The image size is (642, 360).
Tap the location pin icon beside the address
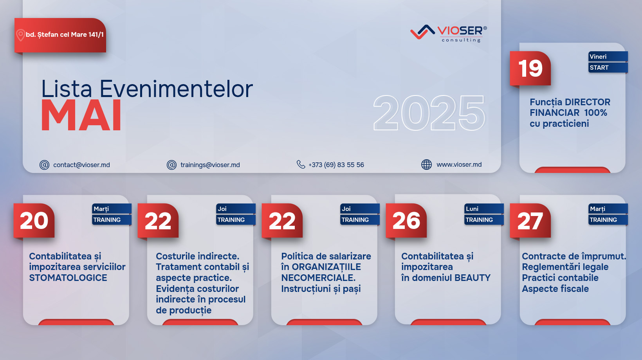pyautogui.click(x=20, y=35)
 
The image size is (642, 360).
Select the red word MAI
pyautogui.click(x=81, y=116)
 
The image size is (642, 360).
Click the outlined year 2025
pyautogui.click(x=429, y=113)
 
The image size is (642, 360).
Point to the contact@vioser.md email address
pyautogui.click(x=82, y=165)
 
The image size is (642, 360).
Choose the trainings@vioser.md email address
pyautogui.click(x=210, y=165)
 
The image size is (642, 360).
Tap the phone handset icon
pyautogui.click(x=301, y=164)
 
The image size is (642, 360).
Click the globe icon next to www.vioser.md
pyautogui.click(x=426, y=165)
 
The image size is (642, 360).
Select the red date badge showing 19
pyautogui.click(x=530, y=68)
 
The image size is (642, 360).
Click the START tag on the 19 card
pyautogui.click(x=608, y=68)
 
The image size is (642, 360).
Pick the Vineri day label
pyautogui.click(x=608, y=56)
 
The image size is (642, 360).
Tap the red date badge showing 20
pyautogui.click(x=34, y=221)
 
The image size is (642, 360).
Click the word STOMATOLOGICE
pyautogui.click(x=68, y=278)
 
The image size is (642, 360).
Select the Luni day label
pyautogui.click(x=484, y=209)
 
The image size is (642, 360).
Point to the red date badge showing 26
pyautogui.click(x=406, y=221)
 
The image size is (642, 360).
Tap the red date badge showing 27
pyautogui.click(x=530, y=221)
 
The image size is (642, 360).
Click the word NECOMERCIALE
pyautogui.click(x=318, y=278)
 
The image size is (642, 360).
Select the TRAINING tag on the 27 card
pyautogui.click(x=608, y=220)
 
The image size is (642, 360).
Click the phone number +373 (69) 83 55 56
pyautogui.click(x=336, y=165)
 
